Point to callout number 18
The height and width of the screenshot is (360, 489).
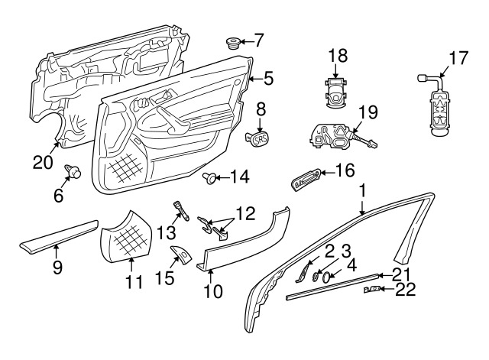point(337,56)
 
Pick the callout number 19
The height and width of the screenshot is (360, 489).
point(368,112)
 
